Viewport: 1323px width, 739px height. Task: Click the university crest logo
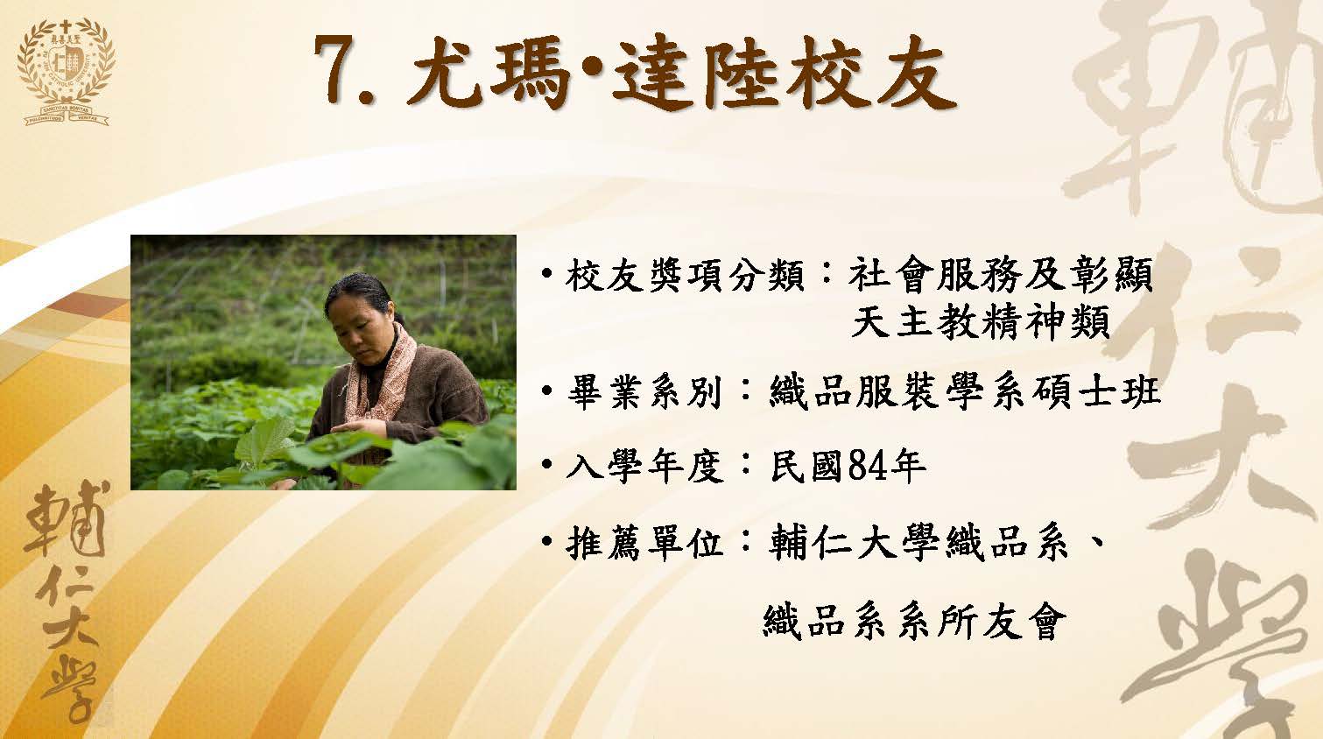[67, 72]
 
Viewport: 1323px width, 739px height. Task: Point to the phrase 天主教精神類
[981, 322]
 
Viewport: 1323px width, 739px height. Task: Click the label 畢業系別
[644, 392]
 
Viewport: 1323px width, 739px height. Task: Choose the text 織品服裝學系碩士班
[965, 392]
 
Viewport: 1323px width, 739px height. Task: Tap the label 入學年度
[644, 467]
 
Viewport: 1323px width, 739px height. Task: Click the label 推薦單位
[644, 542]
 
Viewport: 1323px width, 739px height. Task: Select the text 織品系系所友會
[915, 621]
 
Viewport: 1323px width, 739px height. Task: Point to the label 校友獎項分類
[684, 275]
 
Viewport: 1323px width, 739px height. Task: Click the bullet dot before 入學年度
[547, 466]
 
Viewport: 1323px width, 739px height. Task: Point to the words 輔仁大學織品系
[918, 542]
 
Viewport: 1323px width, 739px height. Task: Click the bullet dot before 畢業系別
[547, 391]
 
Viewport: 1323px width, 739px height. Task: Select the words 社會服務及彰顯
[1001, 275]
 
